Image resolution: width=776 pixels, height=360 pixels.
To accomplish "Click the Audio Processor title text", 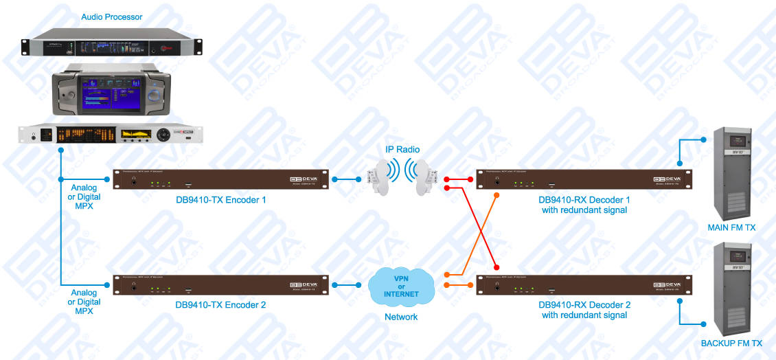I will pyautogui.click(x=112, y=16).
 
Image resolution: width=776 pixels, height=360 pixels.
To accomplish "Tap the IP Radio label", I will pyautogui.click(x=402, y=150).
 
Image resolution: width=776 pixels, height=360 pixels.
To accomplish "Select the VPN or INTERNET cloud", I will pyautogui.click(x=401, y=284).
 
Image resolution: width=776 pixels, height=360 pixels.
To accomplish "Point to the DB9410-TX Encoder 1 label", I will pyautogui.click(x=220, y=200).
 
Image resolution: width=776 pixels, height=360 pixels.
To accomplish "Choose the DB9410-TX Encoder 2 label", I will pyautogui.click(x=220, y=305).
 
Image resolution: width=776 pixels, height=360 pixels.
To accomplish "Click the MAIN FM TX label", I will pyautogui.click(x=731, y=227).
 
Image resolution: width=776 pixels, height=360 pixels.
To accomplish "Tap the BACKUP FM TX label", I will pyautogui.click(x=731, y=343).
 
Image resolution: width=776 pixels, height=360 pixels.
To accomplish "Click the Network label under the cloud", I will pyautogui.click(x=401, y=317).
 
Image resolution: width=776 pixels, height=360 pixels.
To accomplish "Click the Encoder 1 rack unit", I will pyautogui.click(x=220, y=180).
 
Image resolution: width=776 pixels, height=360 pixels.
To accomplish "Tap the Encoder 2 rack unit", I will pyautogui.click(x=220, y=284).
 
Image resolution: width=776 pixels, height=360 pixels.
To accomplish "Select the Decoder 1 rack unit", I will pyautogui.click(x=584, y=180).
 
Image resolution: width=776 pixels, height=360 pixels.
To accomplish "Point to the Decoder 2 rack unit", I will pyautogui.click(x=584, y=284).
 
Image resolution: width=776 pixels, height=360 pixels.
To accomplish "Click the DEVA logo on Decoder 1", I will pyautogui.click(x=666, y=179).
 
